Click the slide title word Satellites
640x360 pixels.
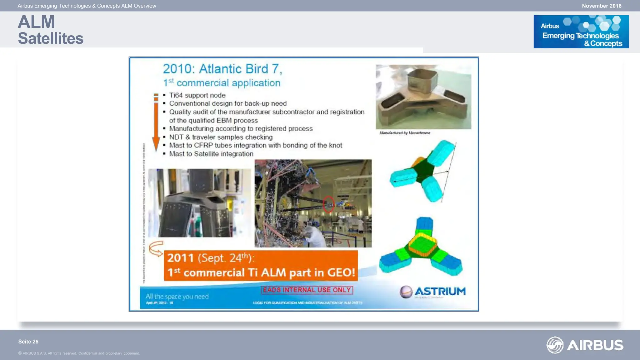pyautogui.click(x=51, y=38)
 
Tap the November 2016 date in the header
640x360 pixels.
pyautogui.click(x=601, y=6)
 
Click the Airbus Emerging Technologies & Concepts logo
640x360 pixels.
pyautogui.click(x=581, y=32)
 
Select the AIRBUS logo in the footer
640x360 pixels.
pyautogui.click(x=585, y=345)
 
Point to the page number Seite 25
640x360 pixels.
pyautogui.click(x=28, y=342)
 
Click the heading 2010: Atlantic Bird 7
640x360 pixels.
pyautogui.click(x=222, y=69)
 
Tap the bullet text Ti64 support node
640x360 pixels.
pyautogui.click(x=197, y=95)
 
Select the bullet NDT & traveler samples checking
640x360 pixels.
pyautogui.click(x=221, y=137)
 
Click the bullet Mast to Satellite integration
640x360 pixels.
pyautogui.click(x=211, y=154)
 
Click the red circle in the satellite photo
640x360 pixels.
pyautogui.click(x=328, y=204)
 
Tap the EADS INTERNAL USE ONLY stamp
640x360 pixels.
pyautogui.click(x=307, y=290)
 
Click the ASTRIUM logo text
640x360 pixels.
pyautogui.click(x=440, y=292)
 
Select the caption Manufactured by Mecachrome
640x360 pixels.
pyautogui.click(x=405, y=133)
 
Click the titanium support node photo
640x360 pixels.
pyautogui.click(x=423, y=97)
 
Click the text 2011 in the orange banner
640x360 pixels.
pyautogui.click(x=180, y=258)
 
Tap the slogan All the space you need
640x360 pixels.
pyautogui.click(x=177, y=296)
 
